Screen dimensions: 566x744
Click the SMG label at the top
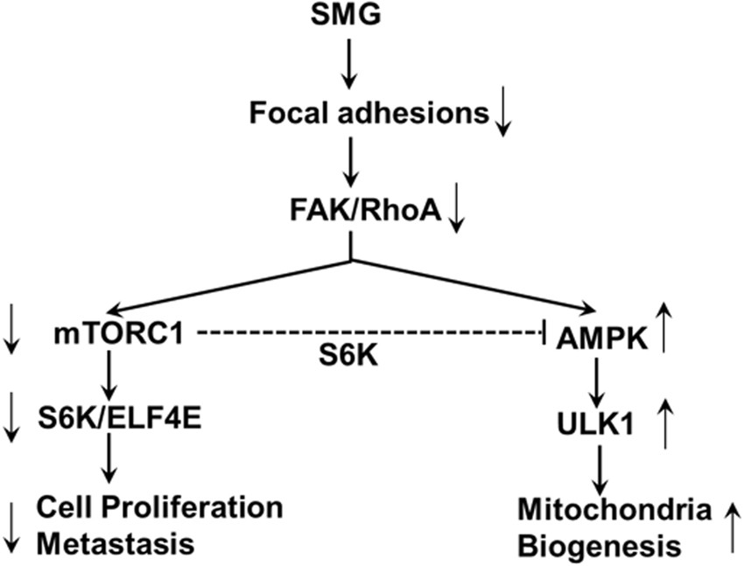(x=349, y=15)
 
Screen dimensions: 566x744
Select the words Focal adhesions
(x=367, y=114)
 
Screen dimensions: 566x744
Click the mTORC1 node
(x=111, y=334)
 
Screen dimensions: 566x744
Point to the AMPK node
(x=602, y=339)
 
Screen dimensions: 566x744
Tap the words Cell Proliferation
(x=159, y=507)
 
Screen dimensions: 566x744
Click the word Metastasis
(x=115, y=544)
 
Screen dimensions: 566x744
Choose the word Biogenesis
(x=600, y=548)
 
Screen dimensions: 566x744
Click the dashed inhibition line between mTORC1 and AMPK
(x=368, y=332)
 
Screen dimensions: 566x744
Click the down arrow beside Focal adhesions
(x=502, y=117)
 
